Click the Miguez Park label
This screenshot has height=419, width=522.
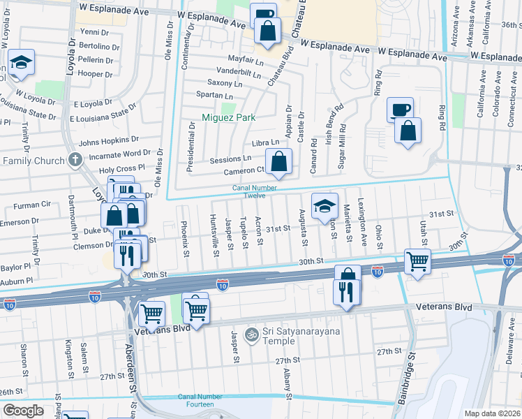click(228, 117)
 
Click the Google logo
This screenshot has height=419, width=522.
click(24, 410)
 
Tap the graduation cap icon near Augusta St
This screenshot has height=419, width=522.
click(325, 206)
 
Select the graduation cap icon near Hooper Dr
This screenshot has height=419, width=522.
click(22, 62)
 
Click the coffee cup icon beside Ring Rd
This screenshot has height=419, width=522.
click(401, 110)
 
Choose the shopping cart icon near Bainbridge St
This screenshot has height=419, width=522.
click(417, 261)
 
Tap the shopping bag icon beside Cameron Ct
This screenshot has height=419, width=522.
click(278, 161)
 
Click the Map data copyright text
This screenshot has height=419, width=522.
click(493, 413)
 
